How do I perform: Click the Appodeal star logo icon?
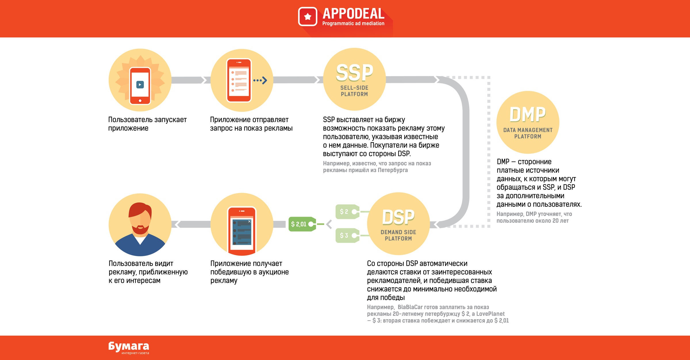308,17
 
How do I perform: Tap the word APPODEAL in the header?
353,14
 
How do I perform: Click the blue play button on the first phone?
140,85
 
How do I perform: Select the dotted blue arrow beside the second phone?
260,80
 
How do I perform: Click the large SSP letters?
354,73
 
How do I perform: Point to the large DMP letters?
528,115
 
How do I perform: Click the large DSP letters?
398,217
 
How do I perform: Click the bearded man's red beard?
140,230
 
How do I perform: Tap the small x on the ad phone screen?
250,221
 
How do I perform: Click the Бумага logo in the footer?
129,347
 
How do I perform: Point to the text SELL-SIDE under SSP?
354,88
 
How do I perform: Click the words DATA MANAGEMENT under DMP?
528,130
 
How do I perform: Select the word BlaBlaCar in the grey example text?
410,307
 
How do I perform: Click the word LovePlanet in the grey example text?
490,314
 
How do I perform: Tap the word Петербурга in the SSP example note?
393,170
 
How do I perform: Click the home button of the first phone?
140,101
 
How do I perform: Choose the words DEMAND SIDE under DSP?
398,232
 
